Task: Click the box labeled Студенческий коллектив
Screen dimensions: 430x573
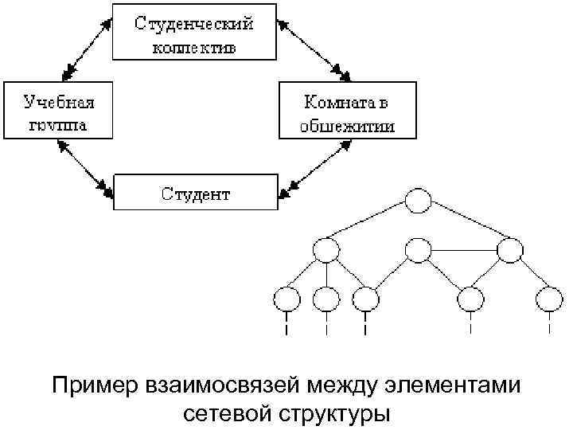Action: click(193, 32)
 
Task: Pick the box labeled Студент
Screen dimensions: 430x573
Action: click(196, 193)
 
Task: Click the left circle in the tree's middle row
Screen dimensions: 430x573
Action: click(325, 250)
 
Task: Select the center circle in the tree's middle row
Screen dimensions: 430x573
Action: click(418, 250)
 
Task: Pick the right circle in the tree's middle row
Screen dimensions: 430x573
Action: click(510, 250)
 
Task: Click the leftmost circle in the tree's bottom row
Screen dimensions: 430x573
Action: click(286, 299)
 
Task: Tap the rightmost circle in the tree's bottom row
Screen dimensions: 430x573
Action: click(549, 299)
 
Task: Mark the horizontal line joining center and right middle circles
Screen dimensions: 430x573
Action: click(464, 250)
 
